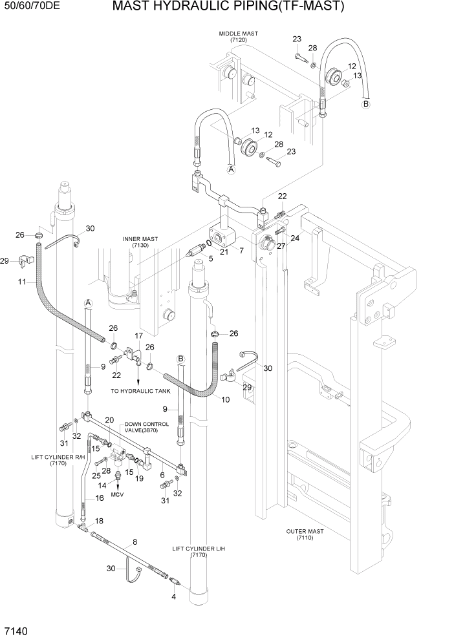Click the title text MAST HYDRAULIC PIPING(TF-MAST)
tap(228, 7)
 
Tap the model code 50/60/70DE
tap(32, 7)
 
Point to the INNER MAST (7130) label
tap(140, 242)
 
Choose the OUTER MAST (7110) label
tap(305, 534)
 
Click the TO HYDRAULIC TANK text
tap(140, 391)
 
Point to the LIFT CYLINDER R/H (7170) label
tap(58, 460)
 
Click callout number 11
tap(22, 282)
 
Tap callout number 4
tap(173, 596)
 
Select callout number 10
tap(226, 399)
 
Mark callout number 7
tap(241, 250)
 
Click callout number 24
tap(295, 238)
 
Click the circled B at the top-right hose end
tap(365, 103)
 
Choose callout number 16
tap(100, 498)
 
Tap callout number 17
tap(138, 336)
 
